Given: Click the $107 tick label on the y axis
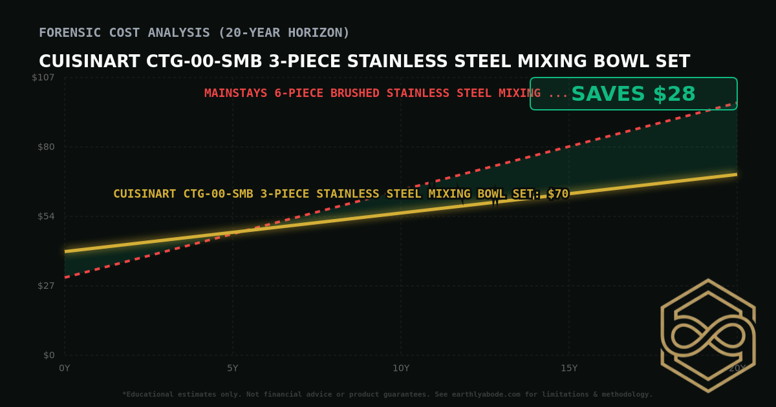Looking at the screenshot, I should pyautogui.click(x=43, y=78).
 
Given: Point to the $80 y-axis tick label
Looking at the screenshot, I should pyautogui.click(x=45, y=147).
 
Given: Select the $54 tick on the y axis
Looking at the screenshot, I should pyautogui.click(x=45, y=216).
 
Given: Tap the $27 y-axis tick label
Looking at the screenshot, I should pyautogui.click(x=45, y=286).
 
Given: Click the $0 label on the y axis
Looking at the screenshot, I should pyautogui.click(x=48, y=355).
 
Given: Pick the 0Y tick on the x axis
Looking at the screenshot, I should pyautogui.click(x=65, y=368).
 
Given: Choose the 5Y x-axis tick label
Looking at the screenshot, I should pyautogui.click(x=233, y=368).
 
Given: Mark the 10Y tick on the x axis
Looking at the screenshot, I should pyautogui.click(x=401, y=368).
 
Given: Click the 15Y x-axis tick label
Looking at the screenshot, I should pyautogui.click(x=569, y=368).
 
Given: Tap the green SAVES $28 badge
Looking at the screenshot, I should pyautogui.click(x=633, y=94).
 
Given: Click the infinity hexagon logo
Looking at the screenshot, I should pyautogui.click(x=708, y=335).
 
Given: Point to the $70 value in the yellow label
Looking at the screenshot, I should pyautogui.click(x=558, y=194).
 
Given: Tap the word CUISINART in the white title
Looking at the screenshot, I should pyautogui.click(x=89, y=62).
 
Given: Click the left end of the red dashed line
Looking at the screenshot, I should pyautogui.click(x=65, y=277).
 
